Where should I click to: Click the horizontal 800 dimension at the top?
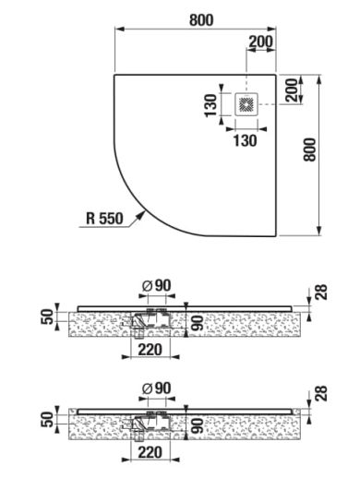(201, 20)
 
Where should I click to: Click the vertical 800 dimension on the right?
(310, 149)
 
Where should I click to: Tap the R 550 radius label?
(104, 218)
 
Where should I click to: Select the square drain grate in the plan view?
(246, 104)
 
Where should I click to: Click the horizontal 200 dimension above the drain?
(260, 42)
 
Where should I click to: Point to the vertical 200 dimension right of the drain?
(292, 90)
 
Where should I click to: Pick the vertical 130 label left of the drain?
(210, 105)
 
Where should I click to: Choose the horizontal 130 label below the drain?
(246, 140)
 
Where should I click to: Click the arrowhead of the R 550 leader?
(141, 215)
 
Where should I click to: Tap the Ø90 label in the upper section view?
(156, 285)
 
